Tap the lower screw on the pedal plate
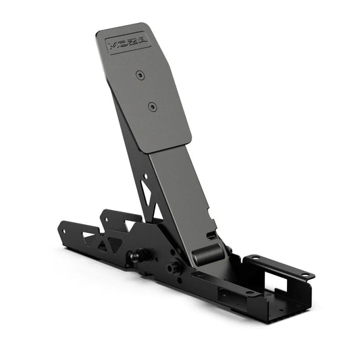coord(152,106)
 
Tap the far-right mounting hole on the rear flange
coord(305,275)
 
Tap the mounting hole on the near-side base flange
coord(250,293)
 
